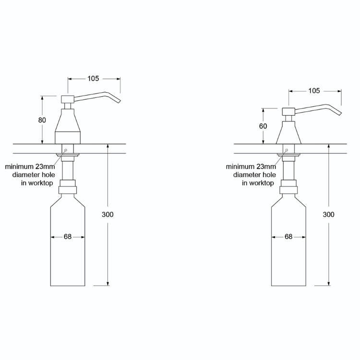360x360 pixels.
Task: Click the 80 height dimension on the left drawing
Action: (x=42, y=120)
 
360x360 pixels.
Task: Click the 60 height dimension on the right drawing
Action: (x=263, y=126)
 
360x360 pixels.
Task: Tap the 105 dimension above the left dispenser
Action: (x=94, y=79)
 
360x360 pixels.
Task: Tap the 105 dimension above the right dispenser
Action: (x=314, y=91)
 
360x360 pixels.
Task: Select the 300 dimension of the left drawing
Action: (x=108, y=215)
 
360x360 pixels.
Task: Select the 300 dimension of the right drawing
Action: (x=329, y=215)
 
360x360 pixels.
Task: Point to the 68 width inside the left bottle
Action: (x=68, y=237)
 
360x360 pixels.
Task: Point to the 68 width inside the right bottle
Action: (x=288, y=237)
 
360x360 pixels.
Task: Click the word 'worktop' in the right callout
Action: (x=263, y=183)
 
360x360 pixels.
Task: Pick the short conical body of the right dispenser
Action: (x=288, y=132)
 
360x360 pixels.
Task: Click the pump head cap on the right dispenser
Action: (x=288, y=111)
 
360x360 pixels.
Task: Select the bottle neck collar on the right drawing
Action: (x=288, y=187)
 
